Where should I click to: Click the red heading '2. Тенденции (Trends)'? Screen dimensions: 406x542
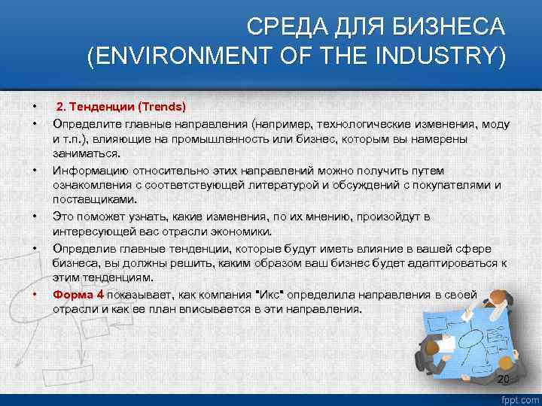click(x=120, y=107)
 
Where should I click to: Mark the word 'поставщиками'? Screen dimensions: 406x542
click(x=94, y=200)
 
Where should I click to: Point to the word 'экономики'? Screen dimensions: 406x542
click(x=242, y=232)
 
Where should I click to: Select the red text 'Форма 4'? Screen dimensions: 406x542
click(x=78, y=295)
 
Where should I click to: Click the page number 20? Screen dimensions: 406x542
click(x=504, y=378)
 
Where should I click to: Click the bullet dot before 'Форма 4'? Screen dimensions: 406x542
click(x=35, y=295)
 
